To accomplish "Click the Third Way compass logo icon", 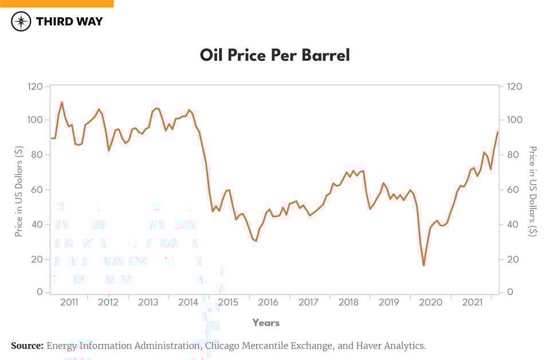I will coord(21,22).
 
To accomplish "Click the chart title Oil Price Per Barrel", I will coord(274,56).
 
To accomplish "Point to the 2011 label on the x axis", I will coord(69,302).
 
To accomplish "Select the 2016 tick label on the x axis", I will coord(268,302).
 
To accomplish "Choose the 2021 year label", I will coord(471,302).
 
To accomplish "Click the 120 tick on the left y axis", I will coord(35,87).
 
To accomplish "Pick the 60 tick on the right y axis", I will coord(513,190).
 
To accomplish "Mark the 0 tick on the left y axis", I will coord(40,292).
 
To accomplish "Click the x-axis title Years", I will coord(266,323).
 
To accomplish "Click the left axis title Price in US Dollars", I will coord(19,191).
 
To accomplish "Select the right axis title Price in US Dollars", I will coord(532,191).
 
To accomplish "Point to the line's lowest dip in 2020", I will coord(424,265).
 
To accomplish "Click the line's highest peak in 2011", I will coord(62,103).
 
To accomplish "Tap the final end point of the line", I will coord(498,132).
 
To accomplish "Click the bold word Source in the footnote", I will coord(27,346).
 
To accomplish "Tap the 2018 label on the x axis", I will coord(349,302).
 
